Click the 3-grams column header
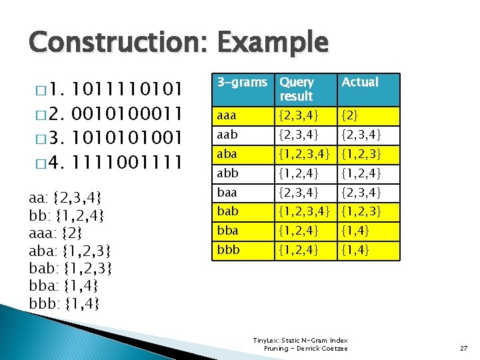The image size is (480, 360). click(242, 83)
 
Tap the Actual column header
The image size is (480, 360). click(360, 83)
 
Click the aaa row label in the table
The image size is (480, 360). click(227, 116)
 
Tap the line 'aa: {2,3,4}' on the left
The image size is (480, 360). click(65, 197)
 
